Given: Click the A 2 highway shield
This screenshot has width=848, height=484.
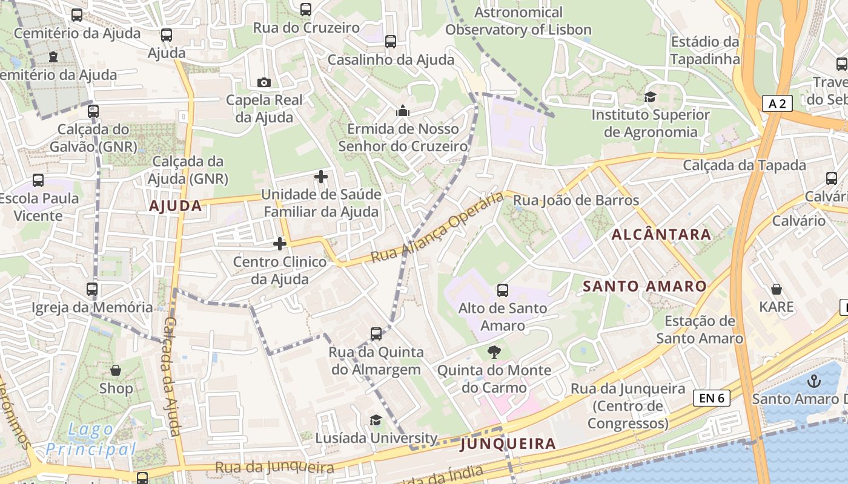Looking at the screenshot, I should [777, 103].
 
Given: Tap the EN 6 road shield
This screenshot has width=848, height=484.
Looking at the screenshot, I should [712, 398].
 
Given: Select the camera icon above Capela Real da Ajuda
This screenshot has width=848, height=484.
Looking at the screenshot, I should [264, 82].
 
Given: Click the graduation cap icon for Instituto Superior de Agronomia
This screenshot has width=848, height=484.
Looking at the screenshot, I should [651, 97].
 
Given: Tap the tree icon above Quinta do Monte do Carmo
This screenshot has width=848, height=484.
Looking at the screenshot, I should [494, 352].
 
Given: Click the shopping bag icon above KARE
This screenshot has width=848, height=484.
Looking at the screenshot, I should [777, 289].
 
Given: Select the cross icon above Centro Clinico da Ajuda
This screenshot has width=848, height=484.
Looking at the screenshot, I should [280, 244].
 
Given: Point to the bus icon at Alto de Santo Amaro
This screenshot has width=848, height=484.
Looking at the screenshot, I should [502, 290].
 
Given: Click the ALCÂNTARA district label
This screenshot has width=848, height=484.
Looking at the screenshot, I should [661, 234].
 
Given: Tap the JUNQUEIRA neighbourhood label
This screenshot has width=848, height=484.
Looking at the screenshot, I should [508, 444].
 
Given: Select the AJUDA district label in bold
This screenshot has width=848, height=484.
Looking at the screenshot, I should [176, 206].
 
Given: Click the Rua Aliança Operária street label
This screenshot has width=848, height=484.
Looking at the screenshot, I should [437, 227].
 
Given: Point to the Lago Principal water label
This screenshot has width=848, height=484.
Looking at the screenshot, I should [91, 440].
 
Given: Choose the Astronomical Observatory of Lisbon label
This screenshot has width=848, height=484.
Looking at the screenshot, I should [518, 21].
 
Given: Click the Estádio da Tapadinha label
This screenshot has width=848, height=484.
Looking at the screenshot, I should [705, 51].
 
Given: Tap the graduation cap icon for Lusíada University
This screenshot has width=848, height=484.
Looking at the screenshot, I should [376, 420].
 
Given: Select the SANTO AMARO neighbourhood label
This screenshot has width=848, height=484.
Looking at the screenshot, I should [644, 286].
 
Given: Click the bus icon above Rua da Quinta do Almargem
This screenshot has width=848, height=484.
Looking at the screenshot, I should [376, 334].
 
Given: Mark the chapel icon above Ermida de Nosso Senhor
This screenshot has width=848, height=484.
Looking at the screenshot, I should [403, 111].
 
